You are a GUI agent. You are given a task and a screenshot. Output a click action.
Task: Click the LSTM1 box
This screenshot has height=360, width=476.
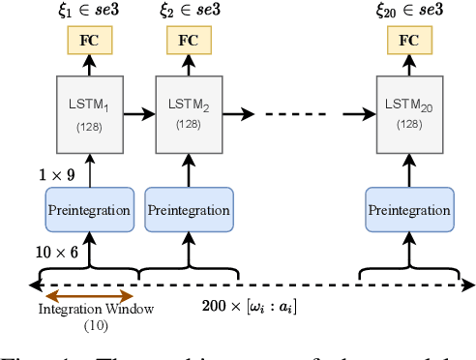[x=89, y=113]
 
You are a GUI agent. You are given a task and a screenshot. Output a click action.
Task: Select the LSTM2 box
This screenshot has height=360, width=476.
[x=189, y=113]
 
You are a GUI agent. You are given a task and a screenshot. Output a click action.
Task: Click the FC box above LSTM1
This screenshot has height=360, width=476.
[x=89, y=41]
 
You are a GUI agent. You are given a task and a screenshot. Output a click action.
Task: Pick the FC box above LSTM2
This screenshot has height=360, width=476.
[x=189, y=41]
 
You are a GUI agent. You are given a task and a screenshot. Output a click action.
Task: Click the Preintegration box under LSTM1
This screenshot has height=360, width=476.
[x=89, y=209]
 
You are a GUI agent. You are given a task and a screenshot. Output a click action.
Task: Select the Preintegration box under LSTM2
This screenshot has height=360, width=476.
[x=189, y=209]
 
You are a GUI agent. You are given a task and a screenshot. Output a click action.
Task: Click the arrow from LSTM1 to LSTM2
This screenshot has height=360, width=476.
[x=138, y=113]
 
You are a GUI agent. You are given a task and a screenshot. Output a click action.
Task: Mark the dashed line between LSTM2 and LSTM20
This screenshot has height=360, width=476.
[x=300, y=113]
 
